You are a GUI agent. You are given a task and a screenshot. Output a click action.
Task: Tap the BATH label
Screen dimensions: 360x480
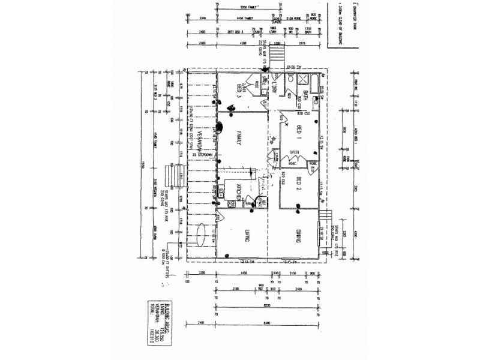(x=305, y=94)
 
